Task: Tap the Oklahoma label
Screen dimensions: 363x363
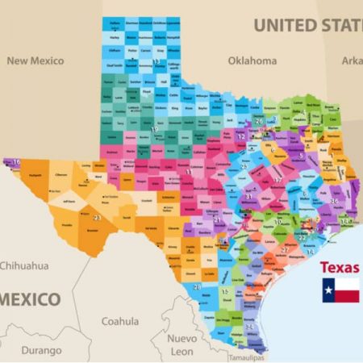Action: tap(252, 60)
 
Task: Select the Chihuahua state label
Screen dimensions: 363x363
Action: tap(24, 265)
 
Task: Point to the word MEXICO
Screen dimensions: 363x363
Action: tap(31, 299)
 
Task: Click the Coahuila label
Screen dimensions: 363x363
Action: tap(120, 321)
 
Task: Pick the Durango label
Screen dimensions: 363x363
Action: tap(41, 350)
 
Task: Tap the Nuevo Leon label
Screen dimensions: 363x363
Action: tap(182, 344)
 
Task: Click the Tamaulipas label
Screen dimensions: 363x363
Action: tap(246, 357)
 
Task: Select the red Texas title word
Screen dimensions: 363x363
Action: tap(340, 267)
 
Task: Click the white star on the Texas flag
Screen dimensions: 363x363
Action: tap(329, 290)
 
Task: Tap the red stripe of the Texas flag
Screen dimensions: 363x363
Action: tap(347, 296)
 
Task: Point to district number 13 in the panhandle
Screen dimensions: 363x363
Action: tap(156, 61)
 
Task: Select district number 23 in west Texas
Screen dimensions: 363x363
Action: tap(97, 217)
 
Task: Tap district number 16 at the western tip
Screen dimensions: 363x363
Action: tap(16, 162)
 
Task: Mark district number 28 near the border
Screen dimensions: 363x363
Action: tap(198, 286)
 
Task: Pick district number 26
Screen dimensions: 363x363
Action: tap(259, 121)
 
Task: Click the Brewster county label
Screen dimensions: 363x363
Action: tap(91, 231)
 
